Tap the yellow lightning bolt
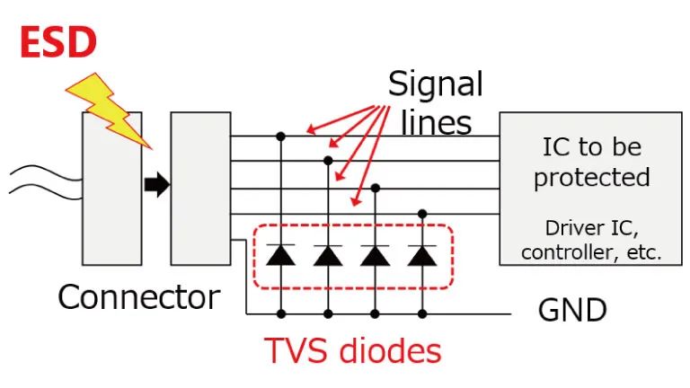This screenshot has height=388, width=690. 106,106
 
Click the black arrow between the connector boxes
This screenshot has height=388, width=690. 156,185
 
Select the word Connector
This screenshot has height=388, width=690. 138,297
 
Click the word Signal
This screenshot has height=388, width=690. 435,84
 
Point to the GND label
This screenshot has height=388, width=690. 572,311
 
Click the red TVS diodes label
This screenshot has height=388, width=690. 353,351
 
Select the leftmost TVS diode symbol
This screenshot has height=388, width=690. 281,254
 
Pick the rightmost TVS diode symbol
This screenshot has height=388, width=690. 422,254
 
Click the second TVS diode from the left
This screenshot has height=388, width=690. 328,254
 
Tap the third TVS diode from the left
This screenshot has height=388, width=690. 376,254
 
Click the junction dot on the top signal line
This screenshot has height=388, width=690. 281,137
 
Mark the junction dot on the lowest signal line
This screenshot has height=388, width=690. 422,214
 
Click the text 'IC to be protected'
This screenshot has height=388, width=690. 591,162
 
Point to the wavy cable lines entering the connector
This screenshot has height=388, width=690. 40,179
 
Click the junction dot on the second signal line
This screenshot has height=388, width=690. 328,161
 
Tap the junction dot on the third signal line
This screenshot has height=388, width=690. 376,188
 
